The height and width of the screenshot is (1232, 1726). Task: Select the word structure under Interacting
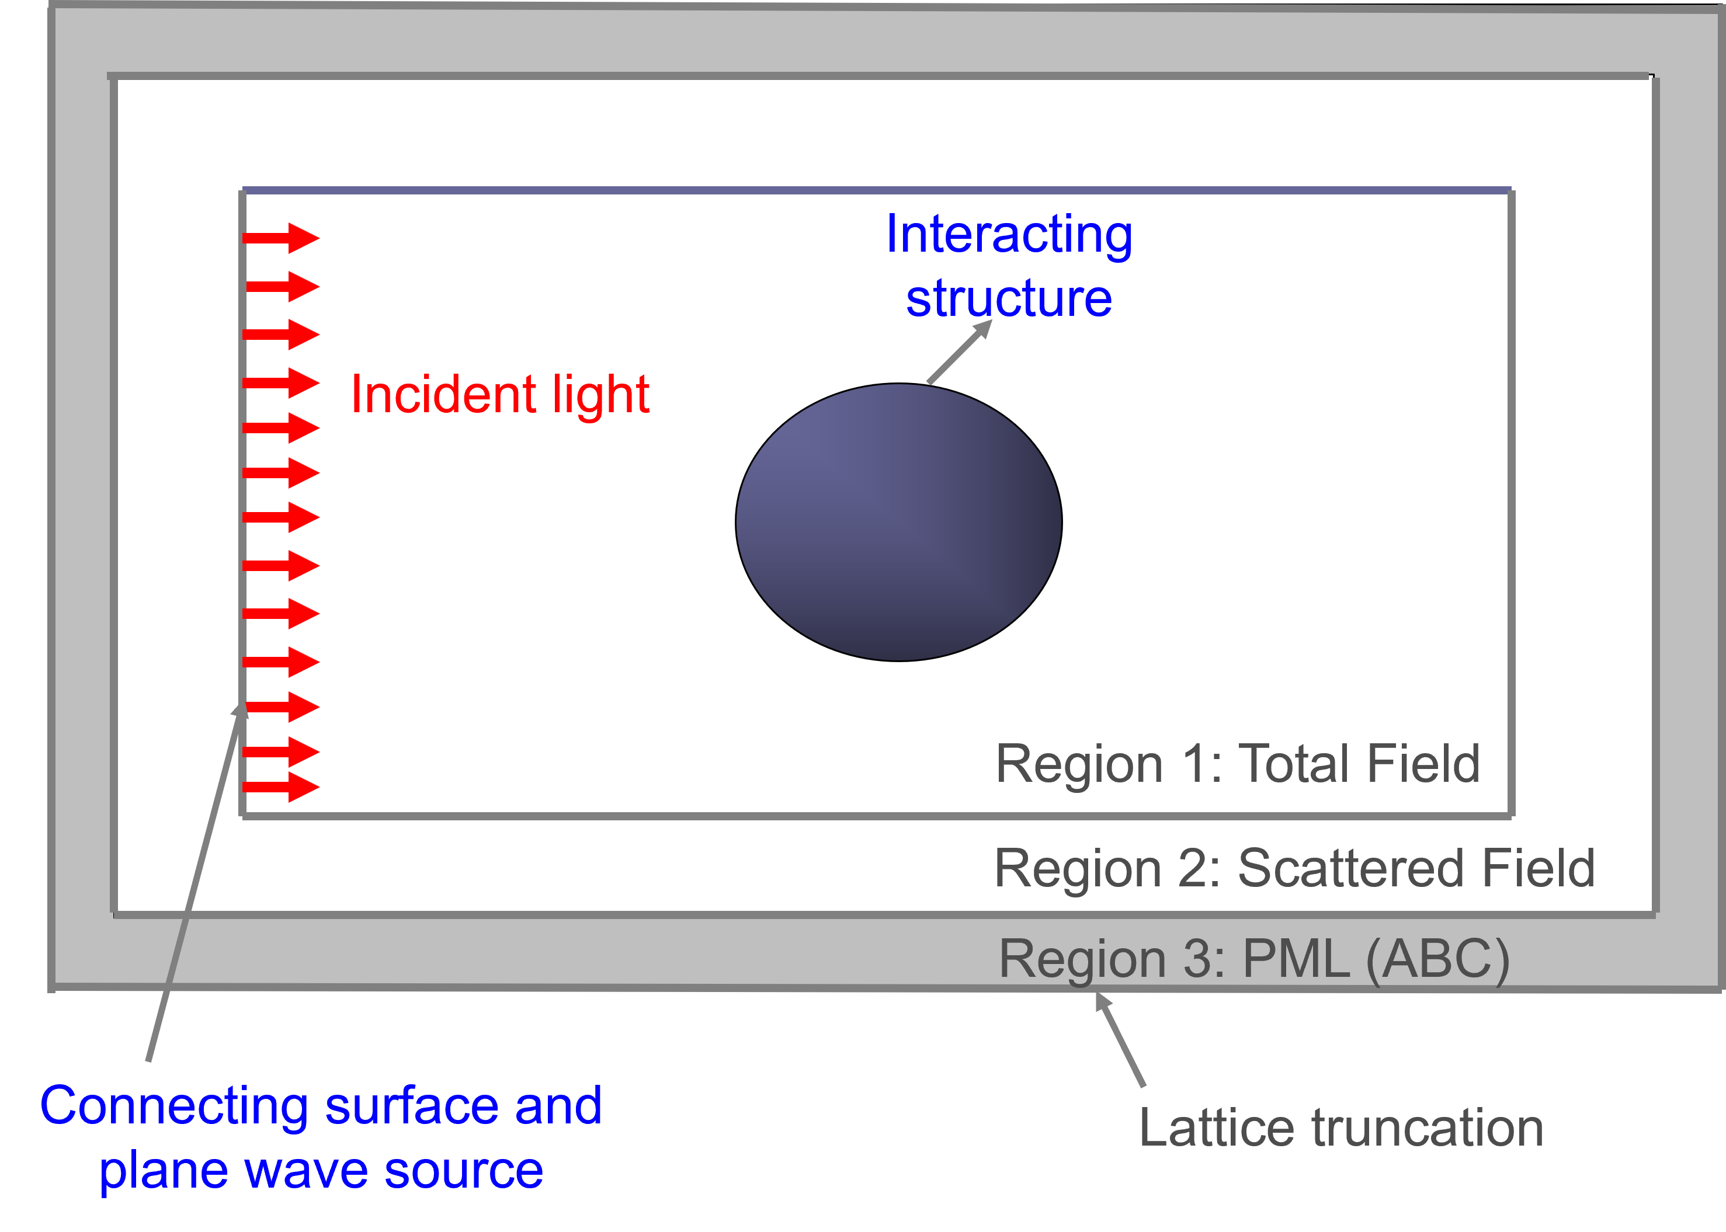tap(1009, 298)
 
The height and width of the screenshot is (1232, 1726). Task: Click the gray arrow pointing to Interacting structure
tap(959, 352)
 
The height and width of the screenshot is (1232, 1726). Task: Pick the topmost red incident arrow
tap(281, 238)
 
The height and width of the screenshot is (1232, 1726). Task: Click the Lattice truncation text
tap(1341, 1128)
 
